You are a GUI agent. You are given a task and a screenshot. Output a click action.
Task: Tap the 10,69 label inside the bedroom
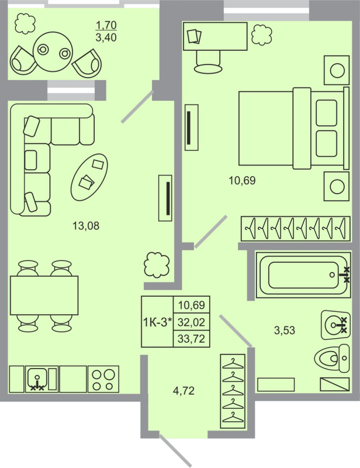point(242,180)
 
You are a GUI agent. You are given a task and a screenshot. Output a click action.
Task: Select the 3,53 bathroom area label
point(285,330)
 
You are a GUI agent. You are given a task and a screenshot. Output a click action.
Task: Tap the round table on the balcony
point(53,51)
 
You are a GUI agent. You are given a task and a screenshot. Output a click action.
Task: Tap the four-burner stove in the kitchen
point(103,378)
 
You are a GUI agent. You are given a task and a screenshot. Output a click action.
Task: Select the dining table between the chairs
point(44,295)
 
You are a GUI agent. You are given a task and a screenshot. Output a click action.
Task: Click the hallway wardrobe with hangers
point(233,391)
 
